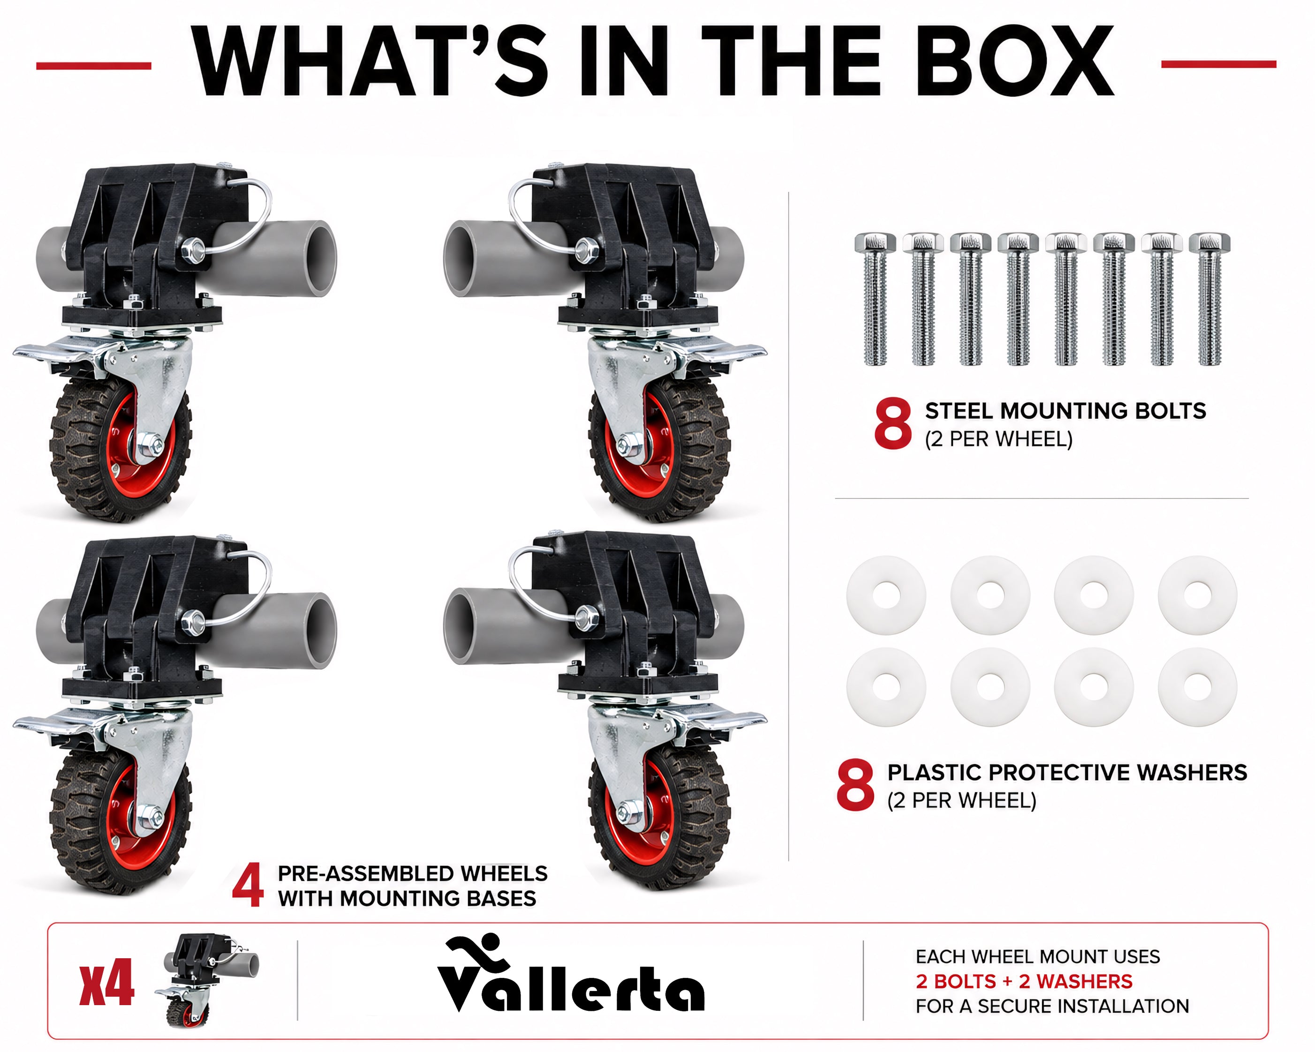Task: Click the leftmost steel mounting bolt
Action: pos(875,300)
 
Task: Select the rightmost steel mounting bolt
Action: pos(1209,300)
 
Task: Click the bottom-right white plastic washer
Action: pos(1197,687)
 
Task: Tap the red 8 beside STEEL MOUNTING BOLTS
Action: pos(893,424)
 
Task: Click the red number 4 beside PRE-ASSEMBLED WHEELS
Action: pos(248,885)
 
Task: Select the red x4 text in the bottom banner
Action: pos(107,983)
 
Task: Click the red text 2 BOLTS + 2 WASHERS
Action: pos(1024,981)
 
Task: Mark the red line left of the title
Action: pos(93,65)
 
